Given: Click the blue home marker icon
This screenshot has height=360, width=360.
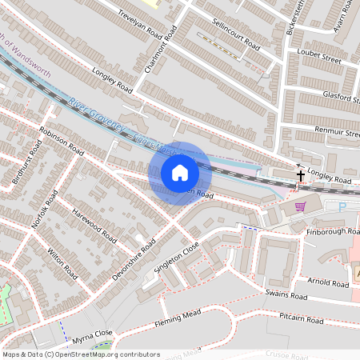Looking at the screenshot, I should [x=180, y=173].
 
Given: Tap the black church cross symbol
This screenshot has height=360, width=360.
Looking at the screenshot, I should [x=302, y=175].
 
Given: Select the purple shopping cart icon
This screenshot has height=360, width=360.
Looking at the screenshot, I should [x=300, y=206].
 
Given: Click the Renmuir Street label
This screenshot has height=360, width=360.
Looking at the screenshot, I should [x=337, y=130].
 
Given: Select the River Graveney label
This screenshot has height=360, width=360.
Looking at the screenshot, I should [x=98, y=114].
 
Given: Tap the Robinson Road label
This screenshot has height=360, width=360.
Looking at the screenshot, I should [x=61, y=140].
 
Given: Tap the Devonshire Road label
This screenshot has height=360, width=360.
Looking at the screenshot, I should [x=132, y=257].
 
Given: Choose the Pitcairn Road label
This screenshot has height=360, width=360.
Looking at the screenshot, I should [x=301, y=320].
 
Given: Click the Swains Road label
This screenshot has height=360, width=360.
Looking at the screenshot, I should [x=286, y=295].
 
